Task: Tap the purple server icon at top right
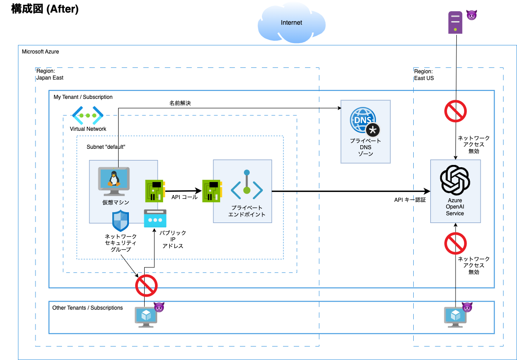(455, 22)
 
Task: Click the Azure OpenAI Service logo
(455, 178)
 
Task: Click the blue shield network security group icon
(120, 221)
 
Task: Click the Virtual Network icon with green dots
(88, 116)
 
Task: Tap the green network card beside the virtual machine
(155, 191)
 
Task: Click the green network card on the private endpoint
(212, 191)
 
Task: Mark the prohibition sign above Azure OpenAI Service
(455, 111)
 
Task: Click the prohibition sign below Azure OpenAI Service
(455, 243)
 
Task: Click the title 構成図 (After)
(45, 9)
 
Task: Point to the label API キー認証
(410, 200)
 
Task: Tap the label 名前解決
(180, 103)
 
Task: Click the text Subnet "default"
(106, 147)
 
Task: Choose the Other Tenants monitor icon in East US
(455, 317)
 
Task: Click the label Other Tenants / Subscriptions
(88, 308)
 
